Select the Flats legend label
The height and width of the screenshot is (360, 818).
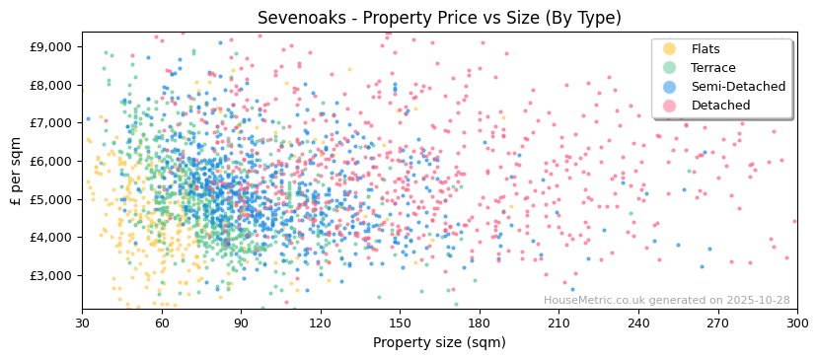coord(706,49)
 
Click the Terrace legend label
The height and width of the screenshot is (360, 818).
coord(711,68)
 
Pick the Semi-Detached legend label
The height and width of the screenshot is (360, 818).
coord(738,87)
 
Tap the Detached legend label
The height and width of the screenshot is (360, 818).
coord(720,106)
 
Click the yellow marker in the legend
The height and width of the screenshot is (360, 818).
coord(669,49)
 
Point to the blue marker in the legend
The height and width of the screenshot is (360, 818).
coord(669,87)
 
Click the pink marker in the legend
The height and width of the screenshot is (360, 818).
coord(669,106)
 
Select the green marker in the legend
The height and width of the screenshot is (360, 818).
coord(669,68)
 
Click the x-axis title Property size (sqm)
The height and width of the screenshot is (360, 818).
coord(439,343)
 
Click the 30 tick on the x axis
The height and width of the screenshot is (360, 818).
coord(82,323)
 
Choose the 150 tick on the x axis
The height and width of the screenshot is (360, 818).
coord(400,323)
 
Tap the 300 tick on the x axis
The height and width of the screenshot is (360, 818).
coord(796,323)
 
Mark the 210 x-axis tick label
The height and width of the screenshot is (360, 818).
coord(558,323)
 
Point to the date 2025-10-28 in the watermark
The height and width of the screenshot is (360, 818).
coord(756,301)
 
